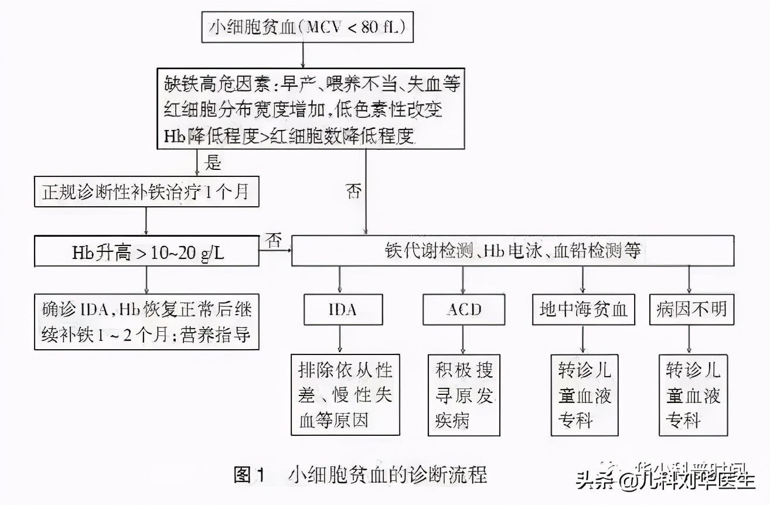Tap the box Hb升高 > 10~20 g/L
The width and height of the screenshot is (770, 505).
(x=146, y=252)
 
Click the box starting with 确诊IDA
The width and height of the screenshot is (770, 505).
(x=146, y=322)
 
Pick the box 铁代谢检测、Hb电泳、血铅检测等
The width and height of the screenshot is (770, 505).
(x=513, y=252)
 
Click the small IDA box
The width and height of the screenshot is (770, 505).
(x=343, y=309)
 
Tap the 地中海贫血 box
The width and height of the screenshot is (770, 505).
(x=583, y=309)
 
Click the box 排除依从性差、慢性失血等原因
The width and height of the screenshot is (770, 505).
(x=345, y=394)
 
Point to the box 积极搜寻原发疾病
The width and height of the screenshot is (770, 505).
(x=464, y=394)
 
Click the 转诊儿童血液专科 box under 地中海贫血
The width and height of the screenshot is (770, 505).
(x=584, y=394)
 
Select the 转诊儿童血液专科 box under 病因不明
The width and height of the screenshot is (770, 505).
(x=693, y=394)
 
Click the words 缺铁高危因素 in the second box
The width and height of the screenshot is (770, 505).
(x=200, y=84)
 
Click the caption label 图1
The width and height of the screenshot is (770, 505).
(x=250, y=474)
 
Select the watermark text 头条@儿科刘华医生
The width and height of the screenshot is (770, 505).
(x=665, y=482)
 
